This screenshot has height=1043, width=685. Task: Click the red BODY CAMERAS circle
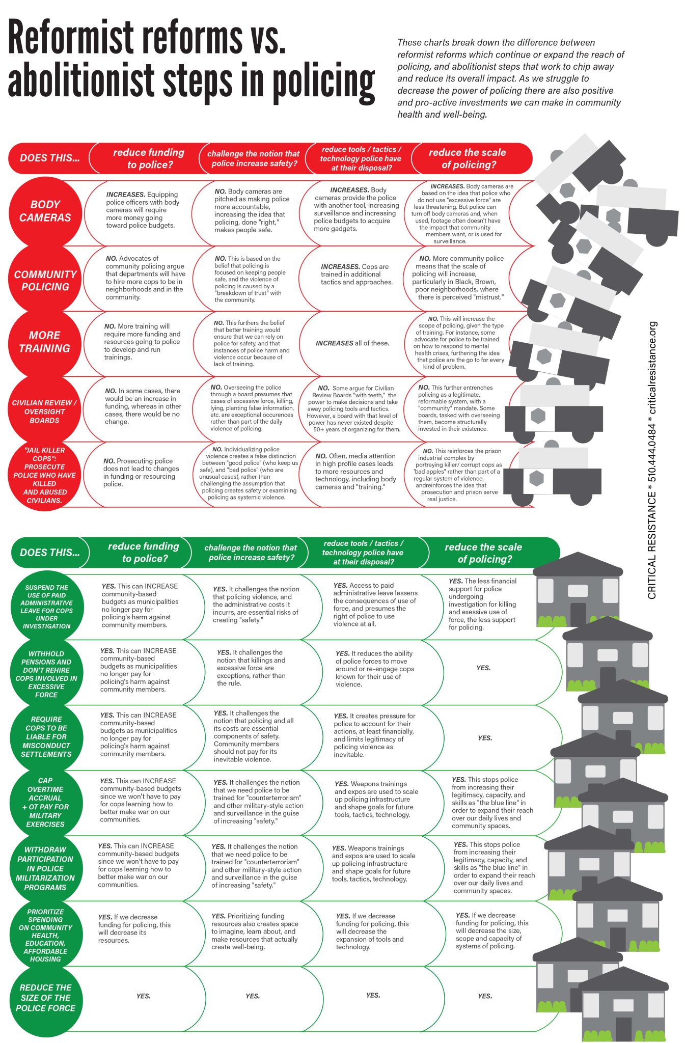45,211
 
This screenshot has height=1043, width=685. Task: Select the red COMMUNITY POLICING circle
45,280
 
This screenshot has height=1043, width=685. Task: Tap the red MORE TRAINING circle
45,342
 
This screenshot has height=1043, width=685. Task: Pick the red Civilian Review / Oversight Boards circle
45,411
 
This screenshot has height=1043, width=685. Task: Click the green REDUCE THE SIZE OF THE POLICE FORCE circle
46,997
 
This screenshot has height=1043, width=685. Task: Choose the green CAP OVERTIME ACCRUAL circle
46,802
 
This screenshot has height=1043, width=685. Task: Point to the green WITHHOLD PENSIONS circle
46,674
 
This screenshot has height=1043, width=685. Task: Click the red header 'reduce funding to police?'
149,158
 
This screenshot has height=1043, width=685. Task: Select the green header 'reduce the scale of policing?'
483,553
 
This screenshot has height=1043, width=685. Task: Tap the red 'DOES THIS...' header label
49,158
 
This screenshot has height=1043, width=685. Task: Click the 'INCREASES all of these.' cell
352,343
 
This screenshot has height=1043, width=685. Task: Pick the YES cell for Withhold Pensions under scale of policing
483,668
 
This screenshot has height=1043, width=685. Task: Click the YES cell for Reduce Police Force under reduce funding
143,996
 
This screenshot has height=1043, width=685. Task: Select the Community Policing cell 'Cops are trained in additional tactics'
356,274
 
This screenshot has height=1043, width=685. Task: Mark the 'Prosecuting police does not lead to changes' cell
141,472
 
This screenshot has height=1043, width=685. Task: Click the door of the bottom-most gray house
623,1029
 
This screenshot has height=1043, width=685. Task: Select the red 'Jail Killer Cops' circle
45,475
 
